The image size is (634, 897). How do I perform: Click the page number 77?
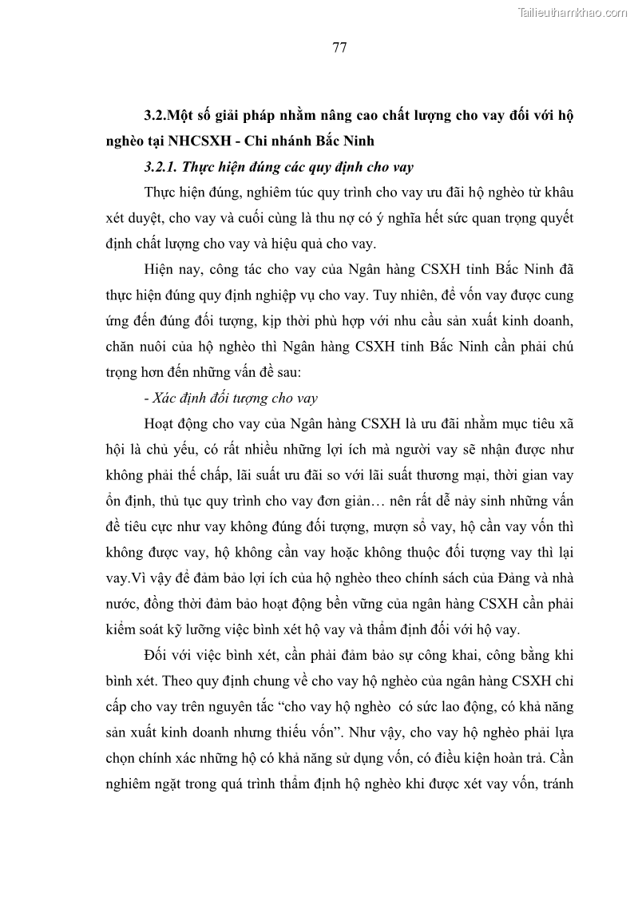tap(339, 47)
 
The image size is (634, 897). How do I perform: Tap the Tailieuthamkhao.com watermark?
tap(573, 12)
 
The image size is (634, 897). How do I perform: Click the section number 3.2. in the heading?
tap(158, 115)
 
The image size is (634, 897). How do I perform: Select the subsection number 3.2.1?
tap(161, 167)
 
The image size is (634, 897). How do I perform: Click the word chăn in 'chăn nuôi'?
tap(121, 348)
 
